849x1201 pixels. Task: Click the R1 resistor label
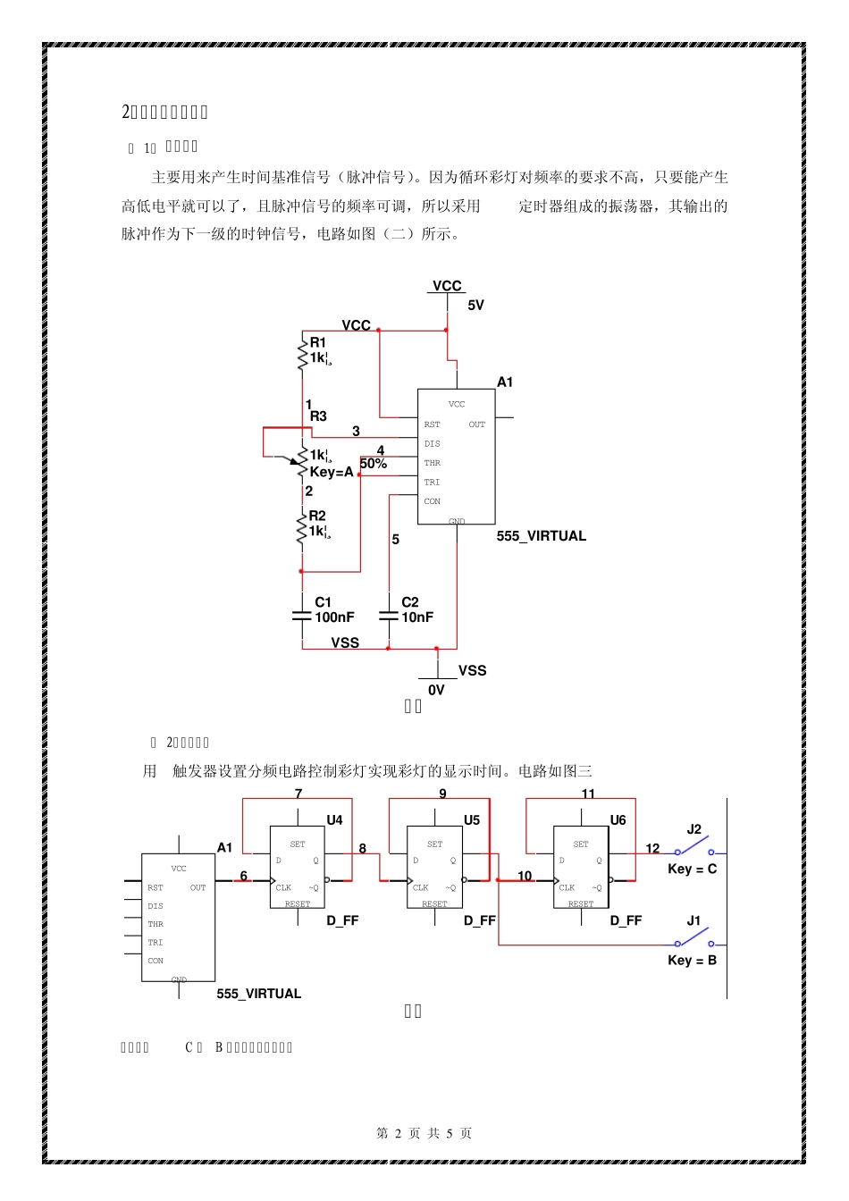coord(317,342)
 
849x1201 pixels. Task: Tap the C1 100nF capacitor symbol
coord(302,616)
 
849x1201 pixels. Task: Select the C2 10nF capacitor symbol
coord(389,616)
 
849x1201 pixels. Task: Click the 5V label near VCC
coord(475,306)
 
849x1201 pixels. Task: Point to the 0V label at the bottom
coord(436,690)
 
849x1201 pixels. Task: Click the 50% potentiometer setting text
coord(374,464)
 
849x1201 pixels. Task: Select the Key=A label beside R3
coord(332,472)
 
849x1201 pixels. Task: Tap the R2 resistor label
coord(317,516)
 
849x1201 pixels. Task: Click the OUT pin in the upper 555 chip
coord(477,424)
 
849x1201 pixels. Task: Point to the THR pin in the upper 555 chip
coord(432,463)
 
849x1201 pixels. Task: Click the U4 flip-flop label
coord(334,820)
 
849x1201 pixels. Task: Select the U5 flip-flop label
coord(472,820)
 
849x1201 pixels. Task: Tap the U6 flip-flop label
coord(618,820)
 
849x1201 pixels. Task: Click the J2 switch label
coord(693,829)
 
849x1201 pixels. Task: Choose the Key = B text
coord(692,961)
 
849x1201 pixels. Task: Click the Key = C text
coord(692,869)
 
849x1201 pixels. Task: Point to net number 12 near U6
coord(652,848)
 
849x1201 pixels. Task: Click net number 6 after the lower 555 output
coord(243,876)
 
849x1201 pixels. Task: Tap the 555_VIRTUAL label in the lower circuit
coord(258,994)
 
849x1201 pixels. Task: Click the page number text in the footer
coord(424,1133)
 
